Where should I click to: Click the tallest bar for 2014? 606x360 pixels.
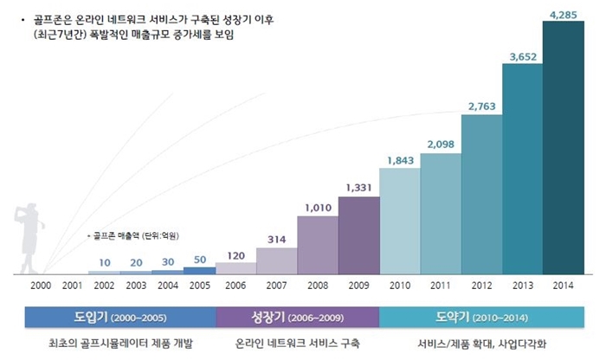tap(563, 147)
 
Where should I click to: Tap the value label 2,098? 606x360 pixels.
tap(441, 143)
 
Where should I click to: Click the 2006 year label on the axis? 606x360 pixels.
tap(235, 285)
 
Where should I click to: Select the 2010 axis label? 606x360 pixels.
tap(399, 285)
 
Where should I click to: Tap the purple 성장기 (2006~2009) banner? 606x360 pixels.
tap(298, 317)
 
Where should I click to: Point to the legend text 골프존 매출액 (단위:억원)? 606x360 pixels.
tap(139, 235)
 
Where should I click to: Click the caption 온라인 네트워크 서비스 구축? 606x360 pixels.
tap(298, 343)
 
